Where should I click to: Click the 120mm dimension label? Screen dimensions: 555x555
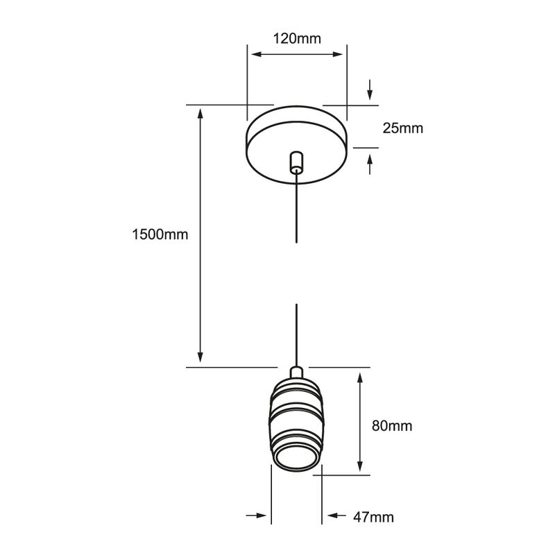click(x=297, y=38)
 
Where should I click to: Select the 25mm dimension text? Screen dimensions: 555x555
click(x=403, y=128)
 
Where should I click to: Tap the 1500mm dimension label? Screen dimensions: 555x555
click(x=160, y=234)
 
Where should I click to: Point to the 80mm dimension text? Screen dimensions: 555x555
click(x=392, y=425)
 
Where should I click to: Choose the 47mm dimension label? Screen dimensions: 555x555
click(x=373, y=517)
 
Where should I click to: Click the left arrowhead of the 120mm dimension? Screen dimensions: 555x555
click(x=256, y=54)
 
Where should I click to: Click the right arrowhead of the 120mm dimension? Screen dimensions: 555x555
click(x=338, y=54)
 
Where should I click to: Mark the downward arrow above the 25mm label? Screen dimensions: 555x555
click(x=370, y=89)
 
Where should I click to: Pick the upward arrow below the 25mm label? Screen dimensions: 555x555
click(x=370, y=164)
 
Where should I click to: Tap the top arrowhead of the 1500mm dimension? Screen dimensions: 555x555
click(x=200, y=114)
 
